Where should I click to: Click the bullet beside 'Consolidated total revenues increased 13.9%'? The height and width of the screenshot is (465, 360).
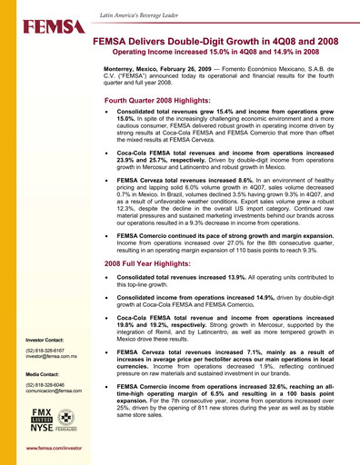coord(110,276)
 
